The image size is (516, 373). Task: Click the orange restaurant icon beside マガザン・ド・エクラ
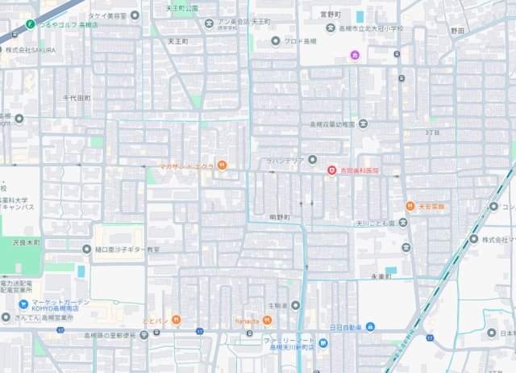[x=222, y=166]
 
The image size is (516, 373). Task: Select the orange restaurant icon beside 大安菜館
[x=410, y=207]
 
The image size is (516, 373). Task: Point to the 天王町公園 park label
[x=181, y=7]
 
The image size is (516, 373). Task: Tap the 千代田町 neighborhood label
[x=77, y=98]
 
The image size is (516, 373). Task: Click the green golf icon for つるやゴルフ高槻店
[x=30, y=24]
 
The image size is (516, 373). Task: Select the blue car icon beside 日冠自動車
[x=370, y=327]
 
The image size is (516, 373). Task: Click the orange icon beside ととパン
[x=175, y=321]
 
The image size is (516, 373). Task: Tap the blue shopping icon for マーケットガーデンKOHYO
[x=24, y=304]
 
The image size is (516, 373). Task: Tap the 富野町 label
[x=331, y=13]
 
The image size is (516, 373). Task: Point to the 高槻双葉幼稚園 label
[x=332, y=124]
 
